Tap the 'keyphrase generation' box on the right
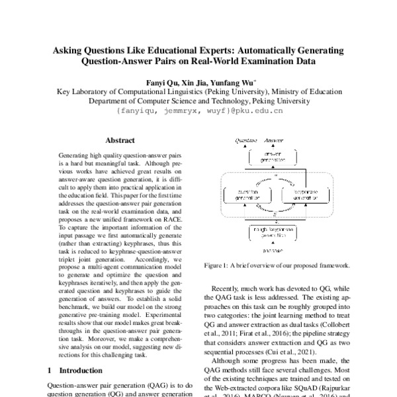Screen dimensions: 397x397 click(294, 195)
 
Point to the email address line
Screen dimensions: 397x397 click(199, 112)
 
